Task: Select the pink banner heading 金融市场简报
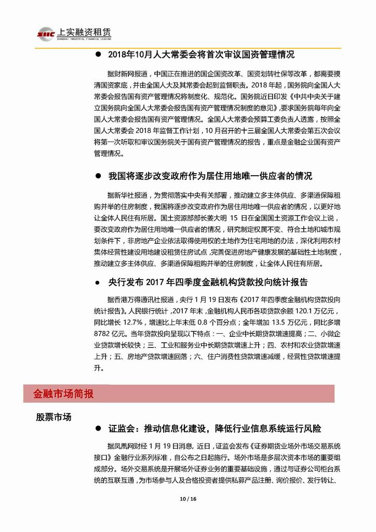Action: pos(64,394)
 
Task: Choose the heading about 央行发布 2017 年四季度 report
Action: pos(208,282)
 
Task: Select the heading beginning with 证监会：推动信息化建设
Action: pos(214,429)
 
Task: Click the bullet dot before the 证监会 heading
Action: pos(98,429)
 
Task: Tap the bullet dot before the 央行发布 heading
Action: pos(98,282)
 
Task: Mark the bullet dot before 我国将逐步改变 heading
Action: pos(98,177)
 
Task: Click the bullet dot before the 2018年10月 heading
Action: pos(98,55)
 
